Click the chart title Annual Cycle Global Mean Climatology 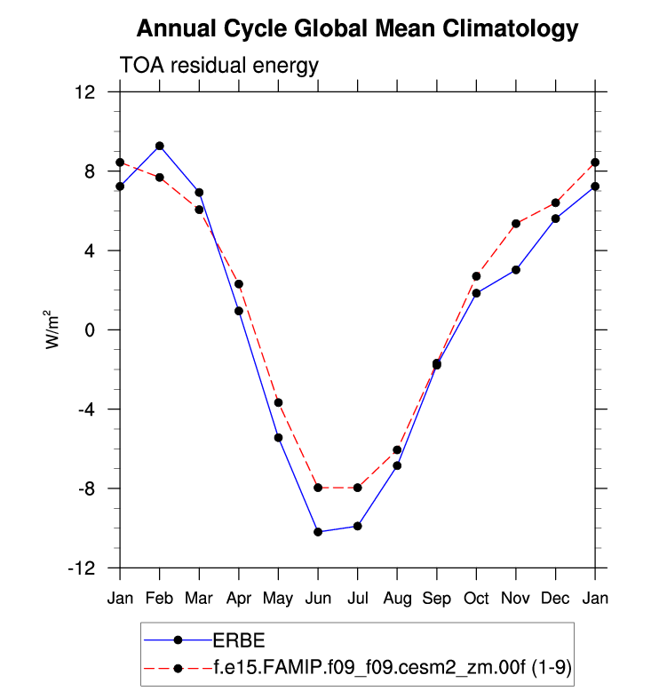(x=357, y=29)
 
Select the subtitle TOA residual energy (x=218, y=66)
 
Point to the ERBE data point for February (x=159, y=146)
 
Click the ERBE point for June (x=318, y=532)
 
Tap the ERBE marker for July (x=357, y=526)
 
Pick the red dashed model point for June (x=318, y=488)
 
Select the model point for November (x=516, y=224)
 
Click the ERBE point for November (x=516, y=269)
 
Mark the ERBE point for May (x=278, y=437)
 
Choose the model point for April (x=239, y=284)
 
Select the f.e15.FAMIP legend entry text (x=391, y=666)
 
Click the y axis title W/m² (x=54, y=329)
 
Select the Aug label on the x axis (x=397, y=599)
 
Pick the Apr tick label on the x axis (x=239, y=599)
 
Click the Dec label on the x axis (x=555, y=599)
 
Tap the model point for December (x=555, y=203)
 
